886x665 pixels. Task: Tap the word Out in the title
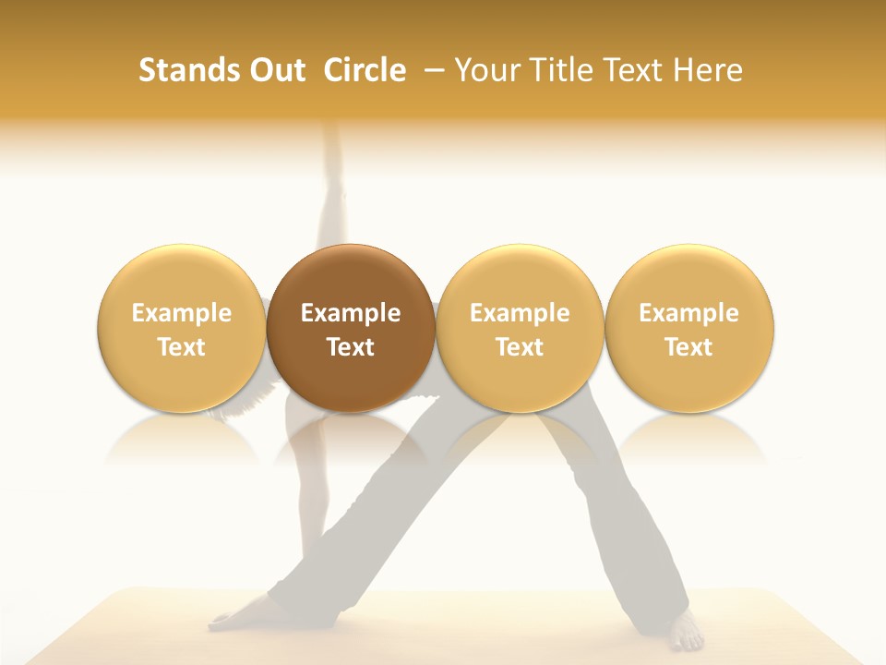276,70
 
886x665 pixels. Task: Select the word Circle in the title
365,70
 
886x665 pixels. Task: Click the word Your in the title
486,70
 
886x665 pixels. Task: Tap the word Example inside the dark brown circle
351,313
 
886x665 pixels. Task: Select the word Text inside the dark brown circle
351,347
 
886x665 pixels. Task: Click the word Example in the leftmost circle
181,313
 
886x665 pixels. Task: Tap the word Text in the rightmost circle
689,347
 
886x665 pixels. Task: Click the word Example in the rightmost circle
689,313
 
